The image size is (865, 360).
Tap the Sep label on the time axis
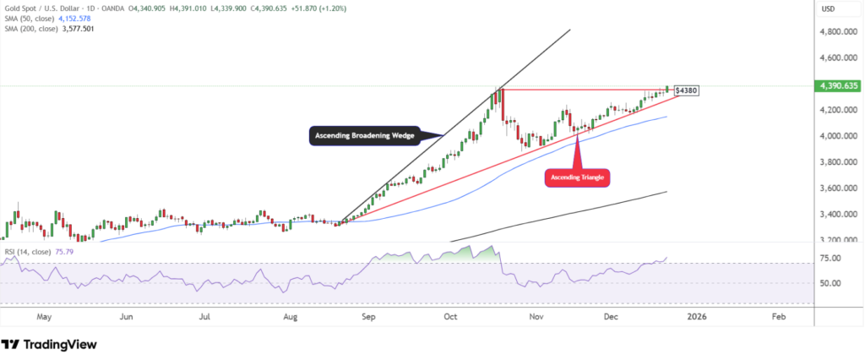[x=368, y=317]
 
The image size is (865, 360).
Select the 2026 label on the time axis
[x=696, y=317]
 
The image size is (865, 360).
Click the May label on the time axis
[x=45, y=317]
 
